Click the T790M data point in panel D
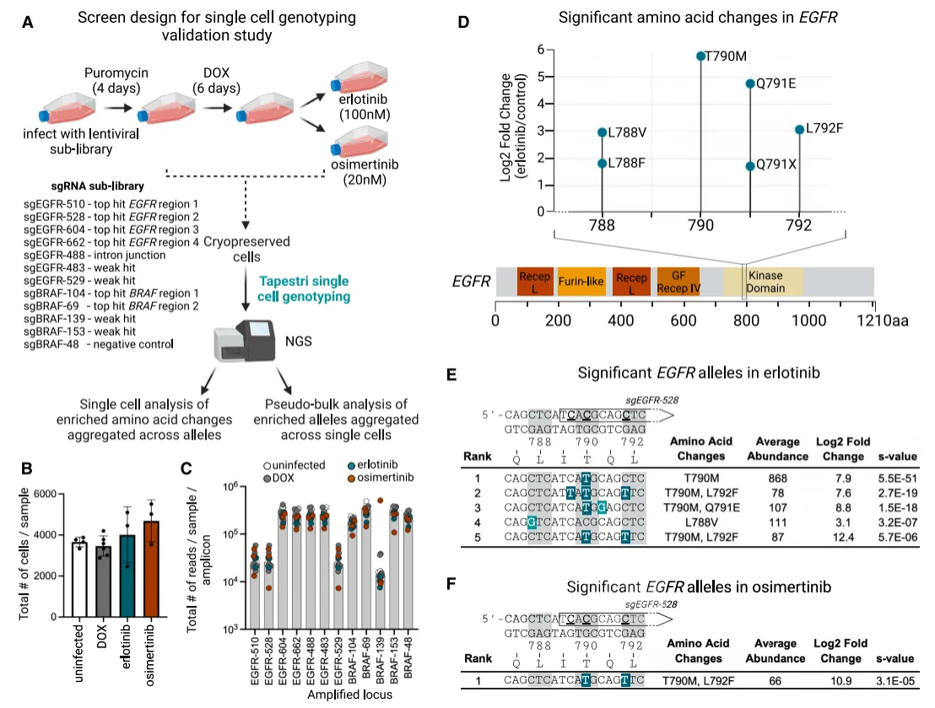(700, 56)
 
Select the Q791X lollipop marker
(751, 165)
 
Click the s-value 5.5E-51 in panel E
(897, 477)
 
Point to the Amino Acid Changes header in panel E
(699, 449)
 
